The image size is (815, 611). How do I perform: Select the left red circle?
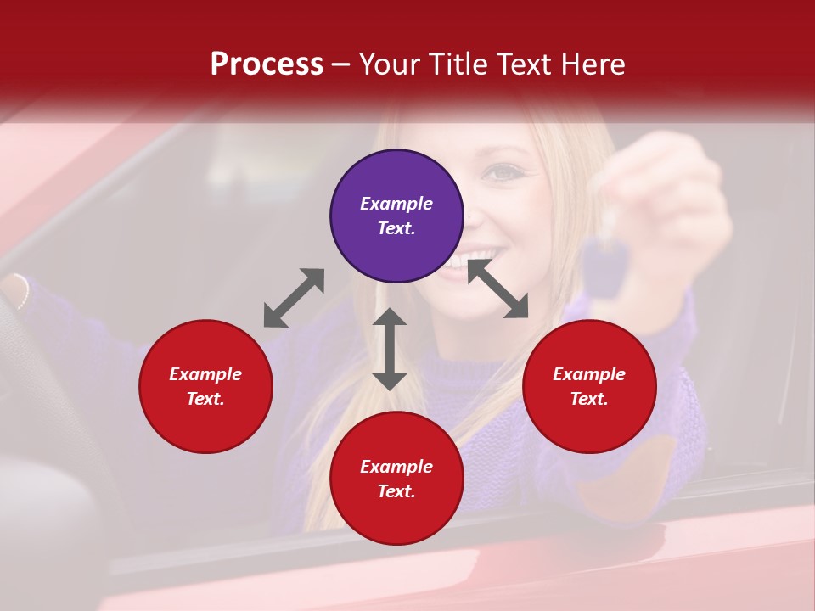[205, 386]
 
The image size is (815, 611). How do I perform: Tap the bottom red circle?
[396, 479]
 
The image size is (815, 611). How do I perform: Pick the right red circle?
[589, 386]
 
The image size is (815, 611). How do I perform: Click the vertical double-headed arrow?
[390, 349]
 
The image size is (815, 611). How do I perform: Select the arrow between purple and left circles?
[294, 297]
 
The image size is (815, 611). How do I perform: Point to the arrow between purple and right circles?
[497, 289]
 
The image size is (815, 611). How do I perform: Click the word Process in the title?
[267, 64]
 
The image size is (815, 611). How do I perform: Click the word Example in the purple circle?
[396, 204]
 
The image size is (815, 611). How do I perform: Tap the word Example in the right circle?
[589, 374]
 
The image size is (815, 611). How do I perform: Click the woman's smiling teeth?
[475, 257]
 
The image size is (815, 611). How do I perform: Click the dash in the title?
[341, 64]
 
